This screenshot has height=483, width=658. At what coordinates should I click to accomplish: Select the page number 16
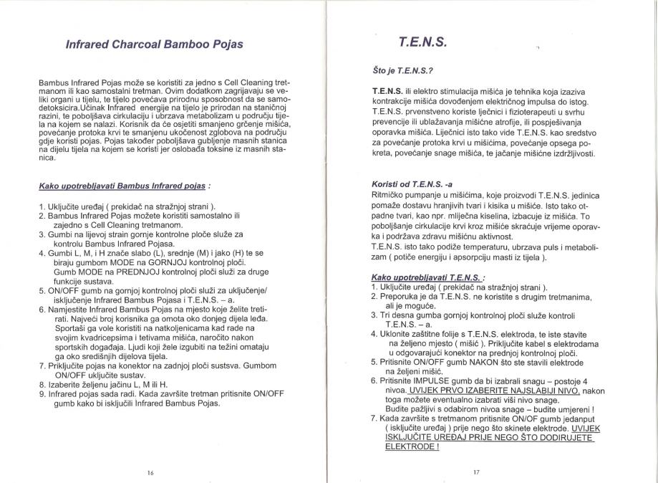(x=150, y=472)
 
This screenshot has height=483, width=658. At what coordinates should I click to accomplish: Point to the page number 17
(x=476, y=472)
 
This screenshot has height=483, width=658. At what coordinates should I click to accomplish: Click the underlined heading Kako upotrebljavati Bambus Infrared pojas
(x=122, y=187)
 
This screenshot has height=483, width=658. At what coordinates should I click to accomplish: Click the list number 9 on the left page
(x=42, y=393)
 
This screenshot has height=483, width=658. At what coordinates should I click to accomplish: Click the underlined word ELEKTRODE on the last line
(x=410, y=446)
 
